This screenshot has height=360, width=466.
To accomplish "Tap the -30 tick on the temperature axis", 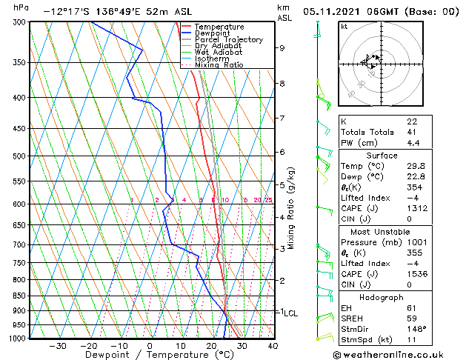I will coord(57,345).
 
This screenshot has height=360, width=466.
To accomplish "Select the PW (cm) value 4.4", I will coord(413,143).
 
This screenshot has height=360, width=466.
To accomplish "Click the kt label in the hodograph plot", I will coord(344,26).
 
